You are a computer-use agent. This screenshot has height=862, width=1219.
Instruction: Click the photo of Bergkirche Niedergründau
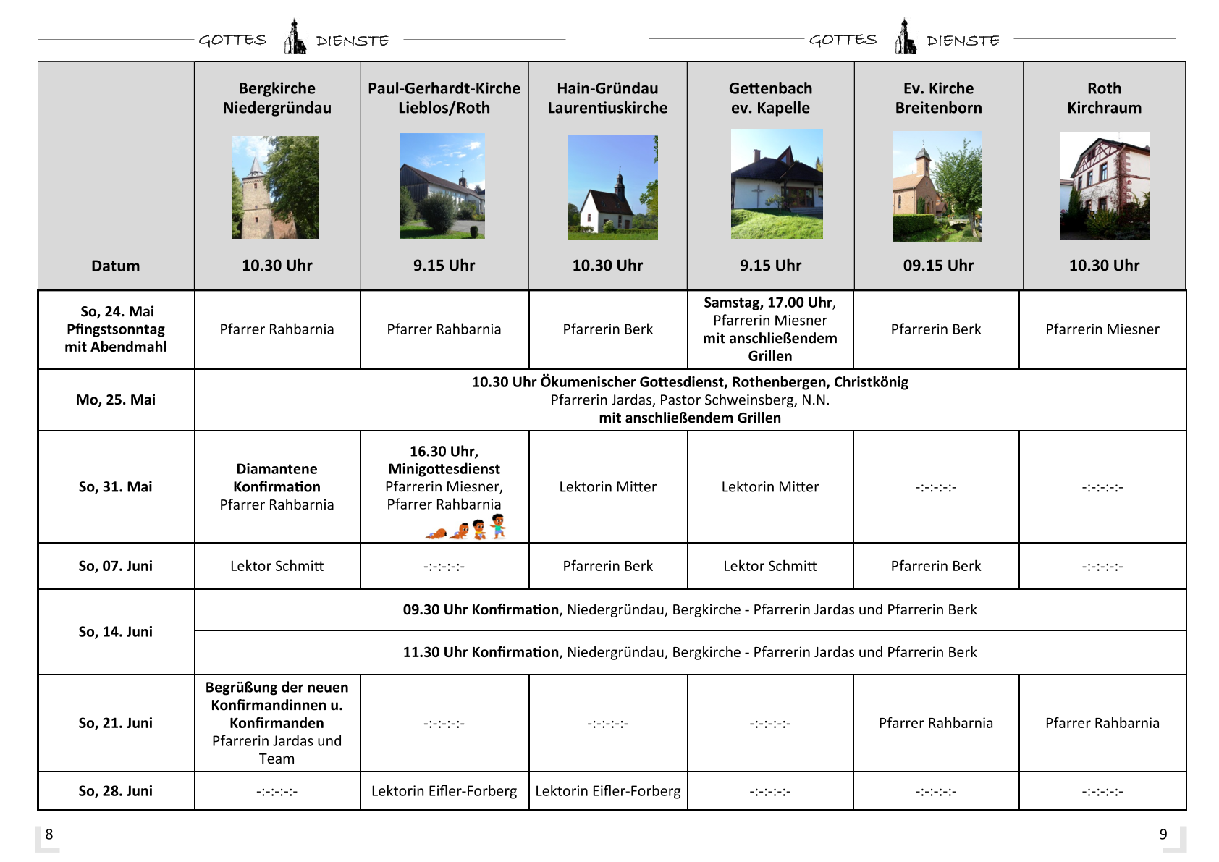click(x=275, y=187)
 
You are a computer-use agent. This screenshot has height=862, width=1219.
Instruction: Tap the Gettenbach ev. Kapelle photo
click(x=777, y=184)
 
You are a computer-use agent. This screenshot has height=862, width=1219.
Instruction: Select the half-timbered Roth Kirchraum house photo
click(x=1105, y=186)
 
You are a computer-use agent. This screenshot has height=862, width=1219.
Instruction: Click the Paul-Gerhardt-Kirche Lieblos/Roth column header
click(x=444, y=98)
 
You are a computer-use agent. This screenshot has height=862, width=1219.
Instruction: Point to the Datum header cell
click(x=116, y=266)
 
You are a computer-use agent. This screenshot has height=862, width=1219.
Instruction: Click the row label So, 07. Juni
click(x=116, y=566)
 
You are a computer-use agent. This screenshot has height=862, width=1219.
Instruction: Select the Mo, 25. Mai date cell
click(x=116, y=400)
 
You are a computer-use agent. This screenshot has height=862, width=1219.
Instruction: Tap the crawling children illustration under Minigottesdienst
click(x=466, y=528)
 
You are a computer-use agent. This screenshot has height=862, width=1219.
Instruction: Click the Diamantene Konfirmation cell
click(x=277, y=486)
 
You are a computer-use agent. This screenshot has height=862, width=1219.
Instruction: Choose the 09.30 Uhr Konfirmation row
click(x=689, y=609)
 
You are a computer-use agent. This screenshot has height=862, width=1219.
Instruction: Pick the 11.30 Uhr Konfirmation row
click(x=689, y=652)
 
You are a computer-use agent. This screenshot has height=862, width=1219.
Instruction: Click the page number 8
click(x=49, y=834)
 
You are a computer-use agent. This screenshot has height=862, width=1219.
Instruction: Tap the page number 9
click(x=1163, y=834)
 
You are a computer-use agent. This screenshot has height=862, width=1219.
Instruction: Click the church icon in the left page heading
click(x=294, y=37)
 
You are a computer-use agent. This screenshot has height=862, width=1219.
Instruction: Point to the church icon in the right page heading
click(x=905, y=37)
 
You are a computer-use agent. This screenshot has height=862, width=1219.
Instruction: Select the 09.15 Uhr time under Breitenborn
click(x=938, y=266)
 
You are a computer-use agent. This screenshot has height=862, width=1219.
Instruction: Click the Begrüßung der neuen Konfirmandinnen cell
click(x=277, y=722)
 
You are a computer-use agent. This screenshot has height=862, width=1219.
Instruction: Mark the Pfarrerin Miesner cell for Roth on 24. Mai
click(x=1102, y=329)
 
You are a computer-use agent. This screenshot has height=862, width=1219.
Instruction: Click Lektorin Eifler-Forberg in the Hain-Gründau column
click(x=608, y=791)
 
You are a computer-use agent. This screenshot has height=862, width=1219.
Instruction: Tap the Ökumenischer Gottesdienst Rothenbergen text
click(x=689, y=382)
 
